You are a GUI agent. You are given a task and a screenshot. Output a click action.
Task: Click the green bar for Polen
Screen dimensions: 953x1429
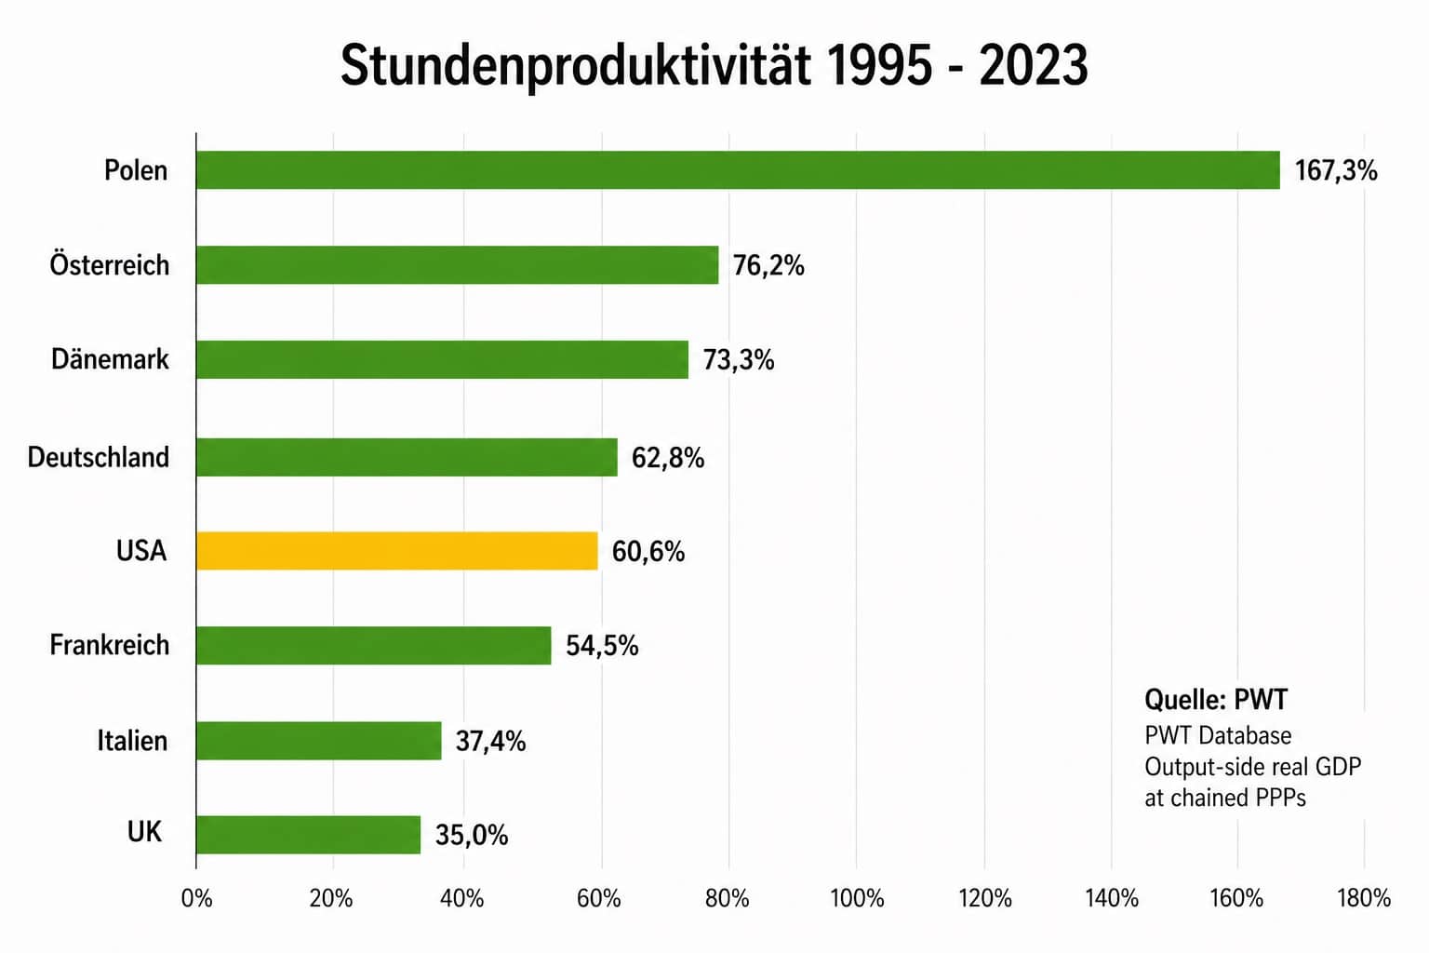pos(738,170)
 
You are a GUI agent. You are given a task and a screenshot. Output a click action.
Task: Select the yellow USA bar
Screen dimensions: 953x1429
pos(397,551)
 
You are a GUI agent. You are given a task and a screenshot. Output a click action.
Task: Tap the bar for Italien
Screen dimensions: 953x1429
pos(319,741)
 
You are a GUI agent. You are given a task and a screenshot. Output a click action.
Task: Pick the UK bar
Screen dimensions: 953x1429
pos(308,835)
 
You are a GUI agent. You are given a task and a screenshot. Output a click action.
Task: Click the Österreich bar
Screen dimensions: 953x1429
pos(457,265)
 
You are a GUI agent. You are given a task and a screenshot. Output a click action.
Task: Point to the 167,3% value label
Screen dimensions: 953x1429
pos(1335,170)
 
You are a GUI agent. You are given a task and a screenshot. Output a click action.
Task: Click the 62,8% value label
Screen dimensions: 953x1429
pos(667,458)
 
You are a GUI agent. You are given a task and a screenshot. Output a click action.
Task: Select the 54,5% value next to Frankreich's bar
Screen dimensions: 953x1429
pos(602,646)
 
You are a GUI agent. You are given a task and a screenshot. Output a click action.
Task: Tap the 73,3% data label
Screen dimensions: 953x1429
pos(738,360)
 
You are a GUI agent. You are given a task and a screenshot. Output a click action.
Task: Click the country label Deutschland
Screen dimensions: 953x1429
pos(99,457)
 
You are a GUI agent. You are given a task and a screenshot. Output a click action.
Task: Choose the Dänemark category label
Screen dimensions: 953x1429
pos(110,359)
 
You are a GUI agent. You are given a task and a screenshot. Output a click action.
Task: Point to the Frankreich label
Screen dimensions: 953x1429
pos(110,645)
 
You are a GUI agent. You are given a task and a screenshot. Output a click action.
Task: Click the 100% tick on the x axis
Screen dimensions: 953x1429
pos(856,899)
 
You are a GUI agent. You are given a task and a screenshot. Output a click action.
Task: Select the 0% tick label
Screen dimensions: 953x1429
pos(196,899)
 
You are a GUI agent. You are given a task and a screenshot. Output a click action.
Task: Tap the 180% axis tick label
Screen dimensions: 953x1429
pos(1364,899)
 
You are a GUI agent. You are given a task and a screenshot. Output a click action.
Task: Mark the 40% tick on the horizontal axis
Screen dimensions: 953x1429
pos(461,899)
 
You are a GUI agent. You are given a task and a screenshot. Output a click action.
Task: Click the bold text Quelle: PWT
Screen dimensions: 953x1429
pos(1215,700)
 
